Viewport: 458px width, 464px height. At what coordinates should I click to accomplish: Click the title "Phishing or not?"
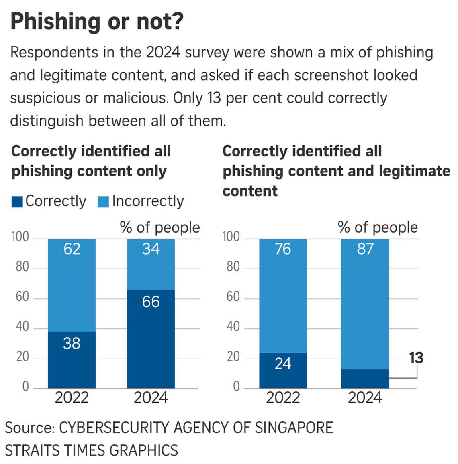click(97, 21)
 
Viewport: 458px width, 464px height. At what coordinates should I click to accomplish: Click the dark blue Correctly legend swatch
click(17, 202)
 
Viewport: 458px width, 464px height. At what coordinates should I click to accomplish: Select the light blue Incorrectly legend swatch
click(103, 202)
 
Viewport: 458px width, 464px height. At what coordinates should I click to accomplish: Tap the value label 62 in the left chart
click(72, 249)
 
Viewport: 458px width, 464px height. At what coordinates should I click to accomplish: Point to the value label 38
click(72, 343)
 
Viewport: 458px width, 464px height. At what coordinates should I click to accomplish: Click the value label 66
click(151, 302)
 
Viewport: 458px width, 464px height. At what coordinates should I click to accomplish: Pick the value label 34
click(151, 249)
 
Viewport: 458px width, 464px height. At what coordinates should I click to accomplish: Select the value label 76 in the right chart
click(283, 249)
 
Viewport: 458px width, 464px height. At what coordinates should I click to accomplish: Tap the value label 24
click(283, 363)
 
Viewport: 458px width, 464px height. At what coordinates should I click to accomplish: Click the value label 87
click(365, 249)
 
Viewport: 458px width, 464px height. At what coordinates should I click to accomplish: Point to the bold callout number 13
click(416, 358)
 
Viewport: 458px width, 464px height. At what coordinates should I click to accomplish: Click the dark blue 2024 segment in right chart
click(365, 379)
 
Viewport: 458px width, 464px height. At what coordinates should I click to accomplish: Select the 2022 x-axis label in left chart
click(72, 398)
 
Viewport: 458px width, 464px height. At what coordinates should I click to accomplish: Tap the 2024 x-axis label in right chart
click(365, 398)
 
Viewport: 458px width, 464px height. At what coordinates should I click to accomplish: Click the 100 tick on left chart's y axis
click(20, 237)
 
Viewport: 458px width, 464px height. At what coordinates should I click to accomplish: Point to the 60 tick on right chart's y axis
click(233, 297)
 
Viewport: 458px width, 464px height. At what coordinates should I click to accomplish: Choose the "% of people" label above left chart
click(159, 227)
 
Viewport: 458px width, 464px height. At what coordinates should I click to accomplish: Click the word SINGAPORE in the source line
click(294, 428)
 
